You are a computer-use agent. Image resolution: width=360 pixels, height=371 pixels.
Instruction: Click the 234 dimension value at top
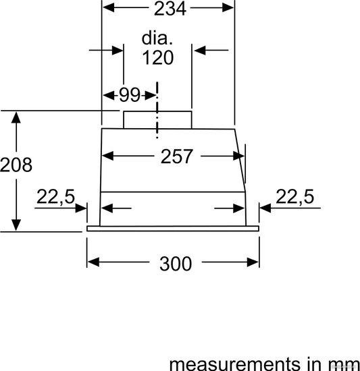coord(170,9)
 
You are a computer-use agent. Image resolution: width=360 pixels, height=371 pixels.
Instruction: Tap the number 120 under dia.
coord(158,57)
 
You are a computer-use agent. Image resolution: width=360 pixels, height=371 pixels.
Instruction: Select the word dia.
coord(157,38)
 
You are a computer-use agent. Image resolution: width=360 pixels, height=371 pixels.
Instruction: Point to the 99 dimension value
coord(130,95)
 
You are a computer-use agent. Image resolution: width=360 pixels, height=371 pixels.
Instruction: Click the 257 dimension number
coord(176,156)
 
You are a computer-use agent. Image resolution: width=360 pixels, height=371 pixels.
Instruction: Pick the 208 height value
coord(16,165)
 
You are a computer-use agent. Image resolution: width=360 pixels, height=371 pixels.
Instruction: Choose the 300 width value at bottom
coord(176,264)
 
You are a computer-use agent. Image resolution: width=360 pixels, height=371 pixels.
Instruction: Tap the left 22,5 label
coord(55,196)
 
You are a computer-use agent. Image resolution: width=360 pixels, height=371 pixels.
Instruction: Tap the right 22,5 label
coord(295,196)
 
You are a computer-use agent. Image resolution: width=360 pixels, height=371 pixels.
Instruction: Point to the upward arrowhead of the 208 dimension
coord(16,117)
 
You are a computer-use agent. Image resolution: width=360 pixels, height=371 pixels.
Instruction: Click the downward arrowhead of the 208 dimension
coord(16,225)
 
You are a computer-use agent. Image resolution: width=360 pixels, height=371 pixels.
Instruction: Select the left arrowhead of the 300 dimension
coord(93,262)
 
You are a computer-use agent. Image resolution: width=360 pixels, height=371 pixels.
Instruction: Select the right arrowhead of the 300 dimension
coord(253,262)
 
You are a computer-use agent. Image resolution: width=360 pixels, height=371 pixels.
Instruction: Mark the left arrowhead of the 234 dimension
coord(109,8)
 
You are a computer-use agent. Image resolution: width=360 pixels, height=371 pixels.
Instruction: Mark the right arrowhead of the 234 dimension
coord(228,8)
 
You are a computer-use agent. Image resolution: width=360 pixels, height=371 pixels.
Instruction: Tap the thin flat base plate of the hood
coord(173,229)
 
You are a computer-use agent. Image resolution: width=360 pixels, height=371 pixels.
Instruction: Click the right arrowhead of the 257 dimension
coord(238,156)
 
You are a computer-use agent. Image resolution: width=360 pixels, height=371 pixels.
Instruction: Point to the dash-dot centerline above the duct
coord(157,110)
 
